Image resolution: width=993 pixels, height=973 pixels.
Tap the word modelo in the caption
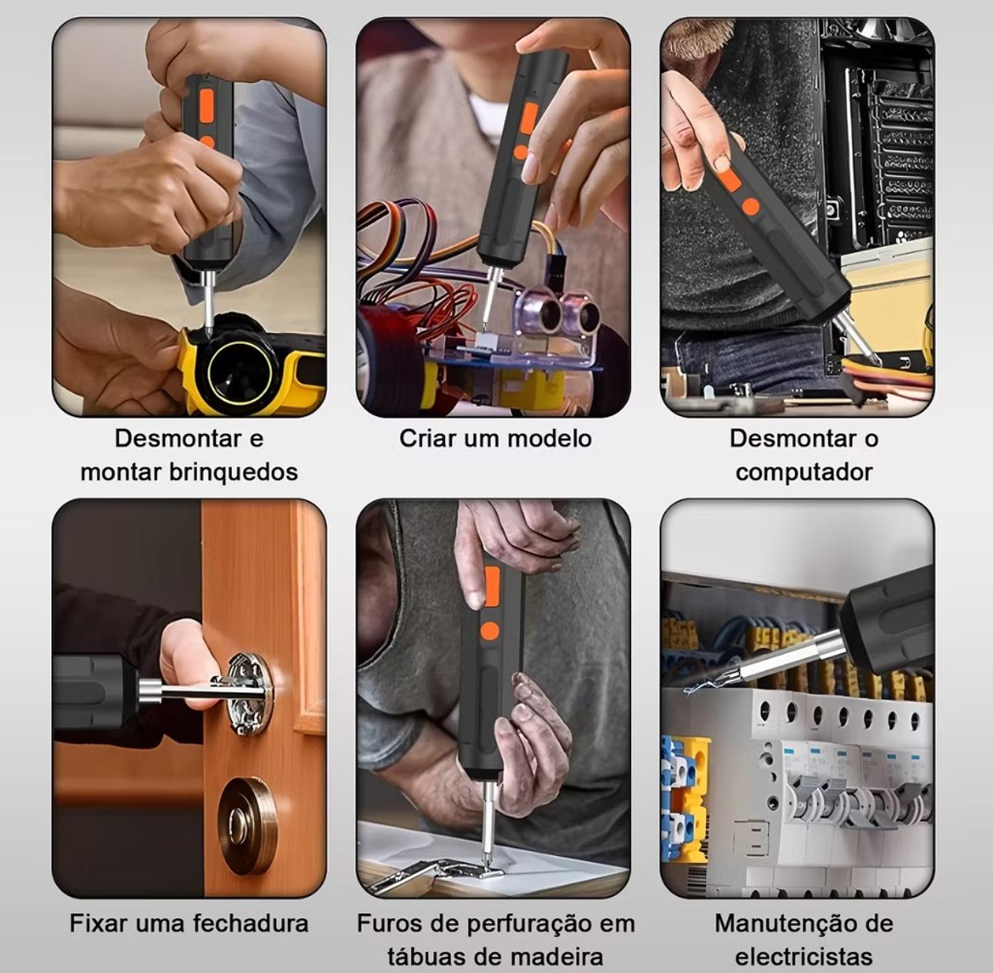(550, 439)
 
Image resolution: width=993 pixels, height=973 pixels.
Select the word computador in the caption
(804, 472)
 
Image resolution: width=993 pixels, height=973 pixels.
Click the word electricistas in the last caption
(804, 957)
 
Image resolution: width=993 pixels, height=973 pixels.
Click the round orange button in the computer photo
(751, 205)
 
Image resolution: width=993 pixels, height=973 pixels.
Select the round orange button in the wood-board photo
(490, 631)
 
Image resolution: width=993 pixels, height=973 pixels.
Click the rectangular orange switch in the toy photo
(207, 105)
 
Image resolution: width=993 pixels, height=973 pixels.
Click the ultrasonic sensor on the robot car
(560, 311)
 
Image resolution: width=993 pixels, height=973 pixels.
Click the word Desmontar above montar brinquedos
(178, 439)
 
